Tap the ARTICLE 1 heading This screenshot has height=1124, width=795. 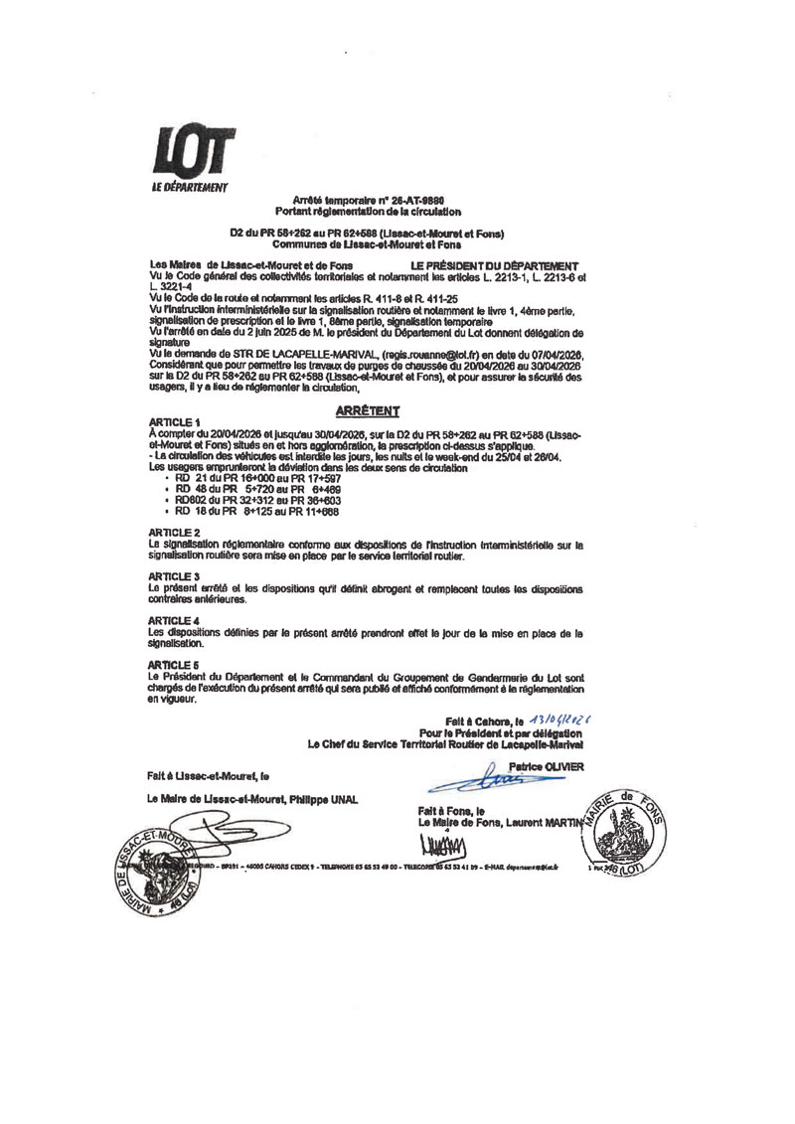[172, 421]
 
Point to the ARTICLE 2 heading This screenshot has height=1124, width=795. [172, 533]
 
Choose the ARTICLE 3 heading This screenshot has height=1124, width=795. [172, 576]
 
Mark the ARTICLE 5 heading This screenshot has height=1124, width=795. [172, 663]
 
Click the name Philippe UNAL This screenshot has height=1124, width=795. [327, 800]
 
